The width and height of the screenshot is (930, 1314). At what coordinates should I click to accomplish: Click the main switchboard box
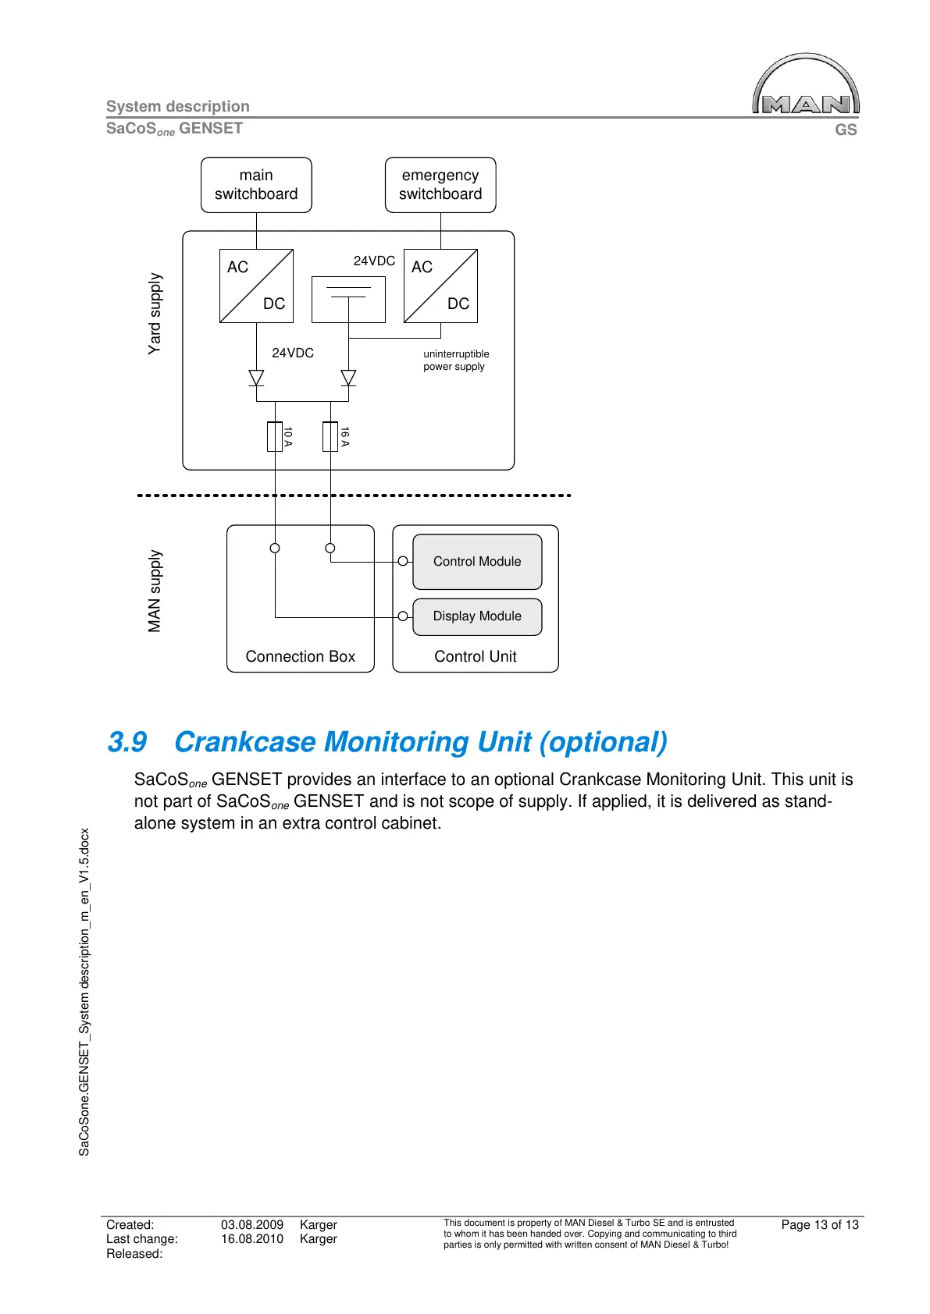256,185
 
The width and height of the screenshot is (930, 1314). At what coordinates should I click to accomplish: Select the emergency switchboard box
440,185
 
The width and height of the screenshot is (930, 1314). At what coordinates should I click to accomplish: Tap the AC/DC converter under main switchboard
256,286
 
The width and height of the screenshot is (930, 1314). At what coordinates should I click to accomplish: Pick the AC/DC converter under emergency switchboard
440,286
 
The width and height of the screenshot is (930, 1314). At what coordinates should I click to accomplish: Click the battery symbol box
348,299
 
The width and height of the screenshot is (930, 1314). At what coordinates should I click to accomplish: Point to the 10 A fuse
275,437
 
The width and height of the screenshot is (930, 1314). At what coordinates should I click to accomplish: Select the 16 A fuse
330,437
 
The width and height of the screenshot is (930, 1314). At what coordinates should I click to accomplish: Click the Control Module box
477,562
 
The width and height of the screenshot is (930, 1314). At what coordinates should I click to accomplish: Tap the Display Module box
477,616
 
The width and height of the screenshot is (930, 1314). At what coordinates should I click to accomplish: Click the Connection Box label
300,657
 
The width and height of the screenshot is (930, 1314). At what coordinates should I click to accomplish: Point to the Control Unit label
475,657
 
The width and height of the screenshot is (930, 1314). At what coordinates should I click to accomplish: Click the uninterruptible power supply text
456,360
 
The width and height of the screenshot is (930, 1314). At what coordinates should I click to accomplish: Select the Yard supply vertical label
155,314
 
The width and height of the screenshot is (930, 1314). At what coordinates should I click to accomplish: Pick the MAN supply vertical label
155,591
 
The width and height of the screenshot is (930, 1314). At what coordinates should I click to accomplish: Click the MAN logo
806,86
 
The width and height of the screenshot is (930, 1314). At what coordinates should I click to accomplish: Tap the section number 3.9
127,742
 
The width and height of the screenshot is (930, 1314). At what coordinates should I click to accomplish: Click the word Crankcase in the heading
245,742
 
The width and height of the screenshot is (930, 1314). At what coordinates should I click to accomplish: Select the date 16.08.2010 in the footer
251,1239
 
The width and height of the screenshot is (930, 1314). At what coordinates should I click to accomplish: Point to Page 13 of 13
819,1225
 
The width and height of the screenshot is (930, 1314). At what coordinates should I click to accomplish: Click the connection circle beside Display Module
403,616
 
